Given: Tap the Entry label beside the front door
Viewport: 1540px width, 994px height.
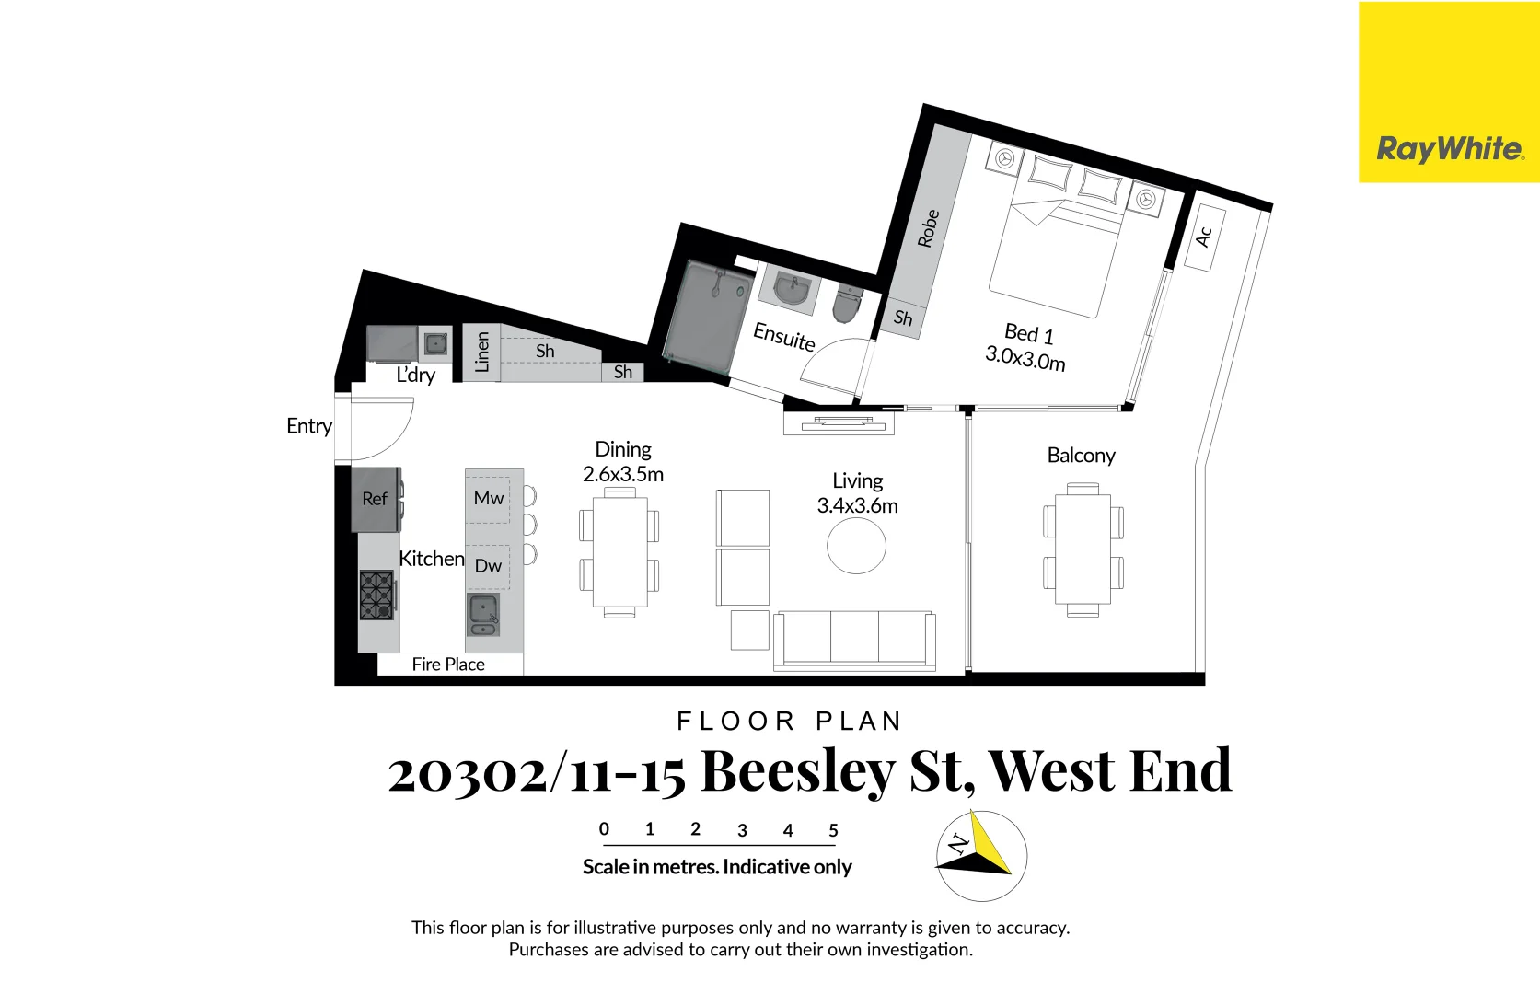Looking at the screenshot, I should [x=308, y=426].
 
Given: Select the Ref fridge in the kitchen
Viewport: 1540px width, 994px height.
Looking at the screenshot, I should [x=376, y=499].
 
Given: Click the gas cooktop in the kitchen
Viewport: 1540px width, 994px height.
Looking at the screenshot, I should [x=376, y=595].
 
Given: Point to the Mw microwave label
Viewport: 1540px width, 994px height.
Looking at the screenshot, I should [x=488, y=499].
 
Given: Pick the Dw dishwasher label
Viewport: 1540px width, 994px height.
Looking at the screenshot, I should [x=488, y=566].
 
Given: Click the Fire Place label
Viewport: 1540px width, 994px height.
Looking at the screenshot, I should [x=448, y=665].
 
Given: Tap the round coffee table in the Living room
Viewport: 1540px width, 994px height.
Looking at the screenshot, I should [x=856, y=546].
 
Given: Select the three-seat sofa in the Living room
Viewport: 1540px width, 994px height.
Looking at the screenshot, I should [x=854, y=639].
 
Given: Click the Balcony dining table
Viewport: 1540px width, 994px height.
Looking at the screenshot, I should [x=1083, y=549].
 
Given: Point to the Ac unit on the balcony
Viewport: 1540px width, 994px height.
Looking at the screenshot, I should [x=1203, y=237].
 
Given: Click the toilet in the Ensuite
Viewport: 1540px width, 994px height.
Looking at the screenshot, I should [x=846, y=304].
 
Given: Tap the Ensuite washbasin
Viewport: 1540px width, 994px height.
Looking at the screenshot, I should [x=791, y=291].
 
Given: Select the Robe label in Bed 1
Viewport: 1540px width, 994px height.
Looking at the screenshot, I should [x=928, y=228].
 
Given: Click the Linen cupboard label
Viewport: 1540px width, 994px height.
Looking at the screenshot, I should [x=481, y=353].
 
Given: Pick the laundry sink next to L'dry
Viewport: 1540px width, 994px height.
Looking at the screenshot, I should [x=435, y=344].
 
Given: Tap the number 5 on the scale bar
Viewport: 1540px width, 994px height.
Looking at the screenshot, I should [x=833, y=830].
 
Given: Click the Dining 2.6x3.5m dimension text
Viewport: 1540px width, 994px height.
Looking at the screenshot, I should [x=623, y=474].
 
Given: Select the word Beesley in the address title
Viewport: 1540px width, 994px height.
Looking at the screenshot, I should [x=797, y=771].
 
